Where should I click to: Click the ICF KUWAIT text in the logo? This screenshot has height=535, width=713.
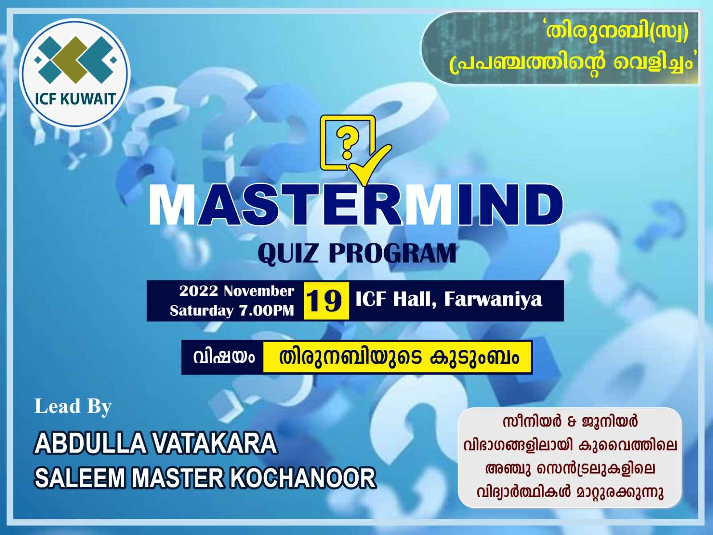[x=75, y=99]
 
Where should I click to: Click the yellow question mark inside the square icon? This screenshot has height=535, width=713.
[x=347, y=142]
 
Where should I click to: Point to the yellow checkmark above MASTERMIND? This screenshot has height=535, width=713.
[x=370, y=164]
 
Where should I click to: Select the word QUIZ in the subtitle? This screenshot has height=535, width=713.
[x=288, y=253]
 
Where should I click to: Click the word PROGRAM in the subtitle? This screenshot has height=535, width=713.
[x=393, y=253]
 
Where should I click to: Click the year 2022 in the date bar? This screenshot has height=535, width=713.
[x=198, y=291]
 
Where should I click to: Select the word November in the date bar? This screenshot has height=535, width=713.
[x=259, y=291]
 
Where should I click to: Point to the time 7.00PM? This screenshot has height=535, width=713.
[x=266, y=311]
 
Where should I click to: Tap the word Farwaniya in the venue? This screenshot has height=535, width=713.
[x=493, y=299]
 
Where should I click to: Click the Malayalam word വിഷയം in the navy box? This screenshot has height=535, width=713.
[x=224, y=357]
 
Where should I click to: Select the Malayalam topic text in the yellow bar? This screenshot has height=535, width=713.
[x=399, y=357]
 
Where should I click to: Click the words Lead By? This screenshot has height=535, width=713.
[x=73, y=407]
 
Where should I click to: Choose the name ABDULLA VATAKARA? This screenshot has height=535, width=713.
[x=156, y=443]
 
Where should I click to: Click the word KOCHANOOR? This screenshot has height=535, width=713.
[x=304, y=478]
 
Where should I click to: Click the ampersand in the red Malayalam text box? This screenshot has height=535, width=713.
[x=570, y=422]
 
